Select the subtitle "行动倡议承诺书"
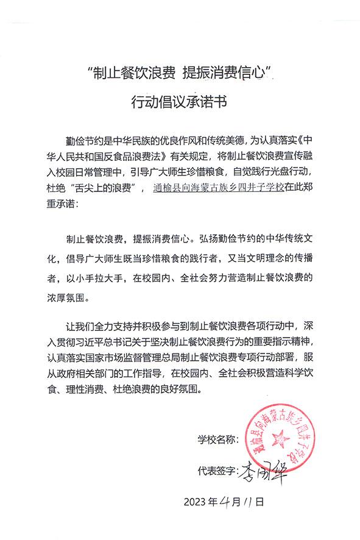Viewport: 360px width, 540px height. pos(180,102)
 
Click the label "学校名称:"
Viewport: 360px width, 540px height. pos(215,439)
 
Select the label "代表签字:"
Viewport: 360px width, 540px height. pos(215,471)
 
